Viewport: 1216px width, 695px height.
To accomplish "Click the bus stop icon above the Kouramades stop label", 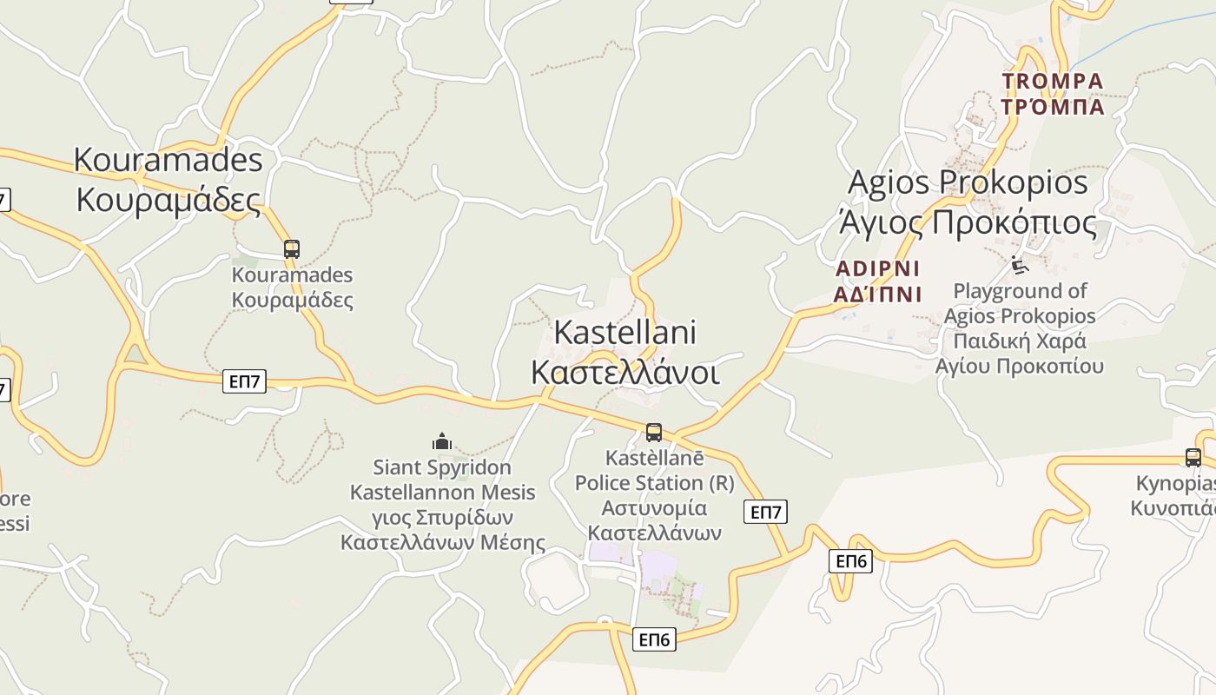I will tap(292, 249).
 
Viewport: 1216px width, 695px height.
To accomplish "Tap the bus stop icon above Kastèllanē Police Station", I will tap(654, 432).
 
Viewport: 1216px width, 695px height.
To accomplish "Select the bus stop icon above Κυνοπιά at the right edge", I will tap(1193, 457).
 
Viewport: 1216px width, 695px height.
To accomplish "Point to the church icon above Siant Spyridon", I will tap(442, 441).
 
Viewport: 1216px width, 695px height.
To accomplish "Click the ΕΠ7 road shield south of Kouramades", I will tap(244, 381).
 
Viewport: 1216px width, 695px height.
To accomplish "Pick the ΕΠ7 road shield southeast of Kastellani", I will tap(765, 512).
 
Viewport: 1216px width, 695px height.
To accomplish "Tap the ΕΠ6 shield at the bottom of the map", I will tap(654, 639).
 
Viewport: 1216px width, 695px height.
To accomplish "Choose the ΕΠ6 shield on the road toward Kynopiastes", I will tap(850, 560).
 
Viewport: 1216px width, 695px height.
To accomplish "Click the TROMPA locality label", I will tap(1052, 82).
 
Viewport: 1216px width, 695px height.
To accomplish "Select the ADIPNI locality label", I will tap(877, 268).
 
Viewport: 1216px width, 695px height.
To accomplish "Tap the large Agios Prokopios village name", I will tap(967, 182).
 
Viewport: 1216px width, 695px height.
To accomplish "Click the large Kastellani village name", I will tap(625, 332).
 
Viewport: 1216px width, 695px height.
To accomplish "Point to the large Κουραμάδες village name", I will tap(169, 199).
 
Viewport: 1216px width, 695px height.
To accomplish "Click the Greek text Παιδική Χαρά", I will tap(1020, 340).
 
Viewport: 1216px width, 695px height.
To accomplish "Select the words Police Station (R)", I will tap(654, 482).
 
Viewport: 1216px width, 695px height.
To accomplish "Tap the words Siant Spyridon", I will tap(442, 467).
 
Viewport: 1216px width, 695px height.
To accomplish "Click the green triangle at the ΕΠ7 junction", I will tap(134, 354).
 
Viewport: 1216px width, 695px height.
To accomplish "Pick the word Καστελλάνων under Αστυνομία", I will tap(654, 533).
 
